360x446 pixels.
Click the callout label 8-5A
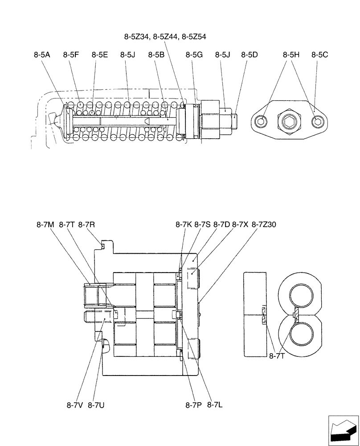pos(42,55)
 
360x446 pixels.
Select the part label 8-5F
pos(71,55)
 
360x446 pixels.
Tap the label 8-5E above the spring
pos(100,55)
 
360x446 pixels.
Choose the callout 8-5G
pos(194,55)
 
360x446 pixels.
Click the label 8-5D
pos(250,55)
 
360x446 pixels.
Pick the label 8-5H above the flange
pos(291,55)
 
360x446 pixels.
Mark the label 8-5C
pos(319,55)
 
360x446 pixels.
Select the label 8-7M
pos(45,225)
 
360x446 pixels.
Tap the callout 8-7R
pos(86,225)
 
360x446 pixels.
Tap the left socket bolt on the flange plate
pos(262,121)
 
